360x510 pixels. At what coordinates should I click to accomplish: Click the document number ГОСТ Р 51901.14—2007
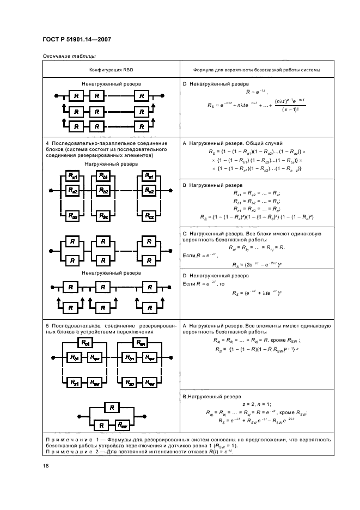pos(75,41)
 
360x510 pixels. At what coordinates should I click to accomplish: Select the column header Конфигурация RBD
pos(112,70)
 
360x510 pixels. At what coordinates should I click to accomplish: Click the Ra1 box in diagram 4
pos(72,176)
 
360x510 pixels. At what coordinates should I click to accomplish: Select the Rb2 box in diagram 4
pos(103,190)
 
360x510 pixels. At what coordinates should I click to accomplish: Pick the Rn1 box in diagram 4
pos(148,176)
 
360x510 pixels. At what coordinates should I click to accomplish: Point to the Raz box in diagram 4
pos(72,216)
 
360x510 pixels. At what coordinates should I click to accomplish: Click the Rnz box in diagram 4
pos(148,216)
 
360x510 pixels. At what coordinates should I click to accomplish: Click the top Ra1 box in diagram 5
pos(86,343)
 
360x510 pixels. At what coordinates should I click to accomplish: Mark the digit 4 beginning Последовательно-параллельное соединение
pos(46,143)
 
